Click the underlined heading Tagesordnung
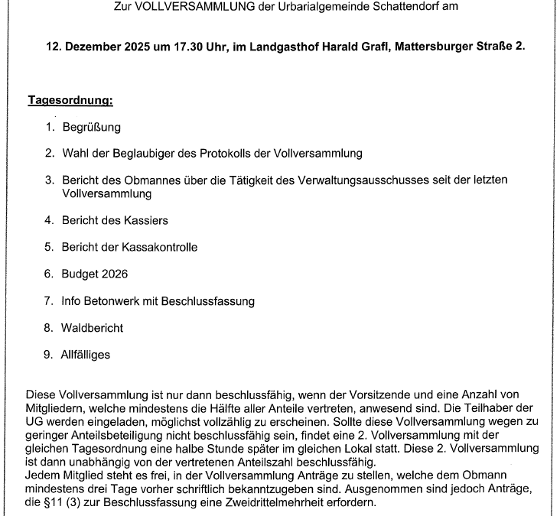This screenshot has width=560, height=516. tap(70, 100)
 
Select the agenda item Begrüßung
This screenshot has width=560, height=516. tap(91, 127)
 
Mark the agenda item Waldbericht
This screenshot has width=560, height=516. tap(93, 328)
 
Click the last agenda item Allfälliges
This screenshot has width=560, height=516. tap(86, 355)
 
